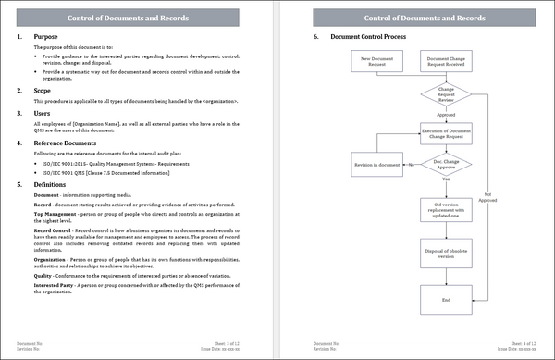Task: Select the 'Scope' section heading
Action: (x=43, y=91)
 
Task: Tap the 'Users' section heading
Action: (x=43, y=113)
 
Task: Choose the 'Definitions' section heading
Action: (x=52, y=185)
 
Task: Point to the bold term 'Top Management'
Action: (x=55, y=213)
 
